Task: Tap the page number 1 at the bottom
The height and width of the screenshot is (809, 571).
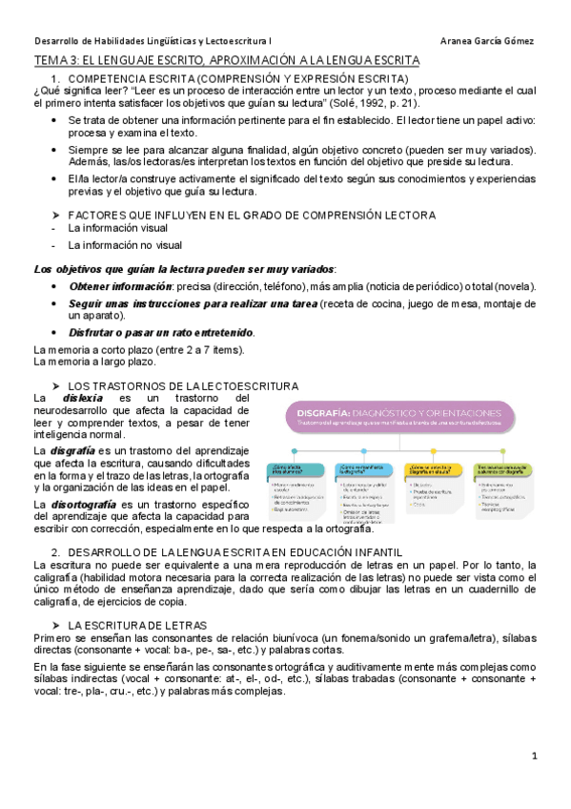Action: [536, 756]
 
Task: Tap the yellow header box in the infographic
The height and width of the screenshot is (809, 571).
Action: [495, 467]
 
